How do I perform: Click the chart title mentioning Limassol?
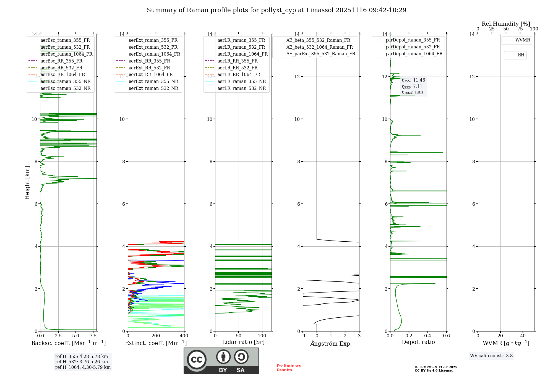coord(276,10)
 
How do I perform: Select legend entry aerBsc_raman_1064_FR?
coord(66,54)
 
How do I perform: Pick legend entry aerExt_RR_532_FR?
coord(149,68)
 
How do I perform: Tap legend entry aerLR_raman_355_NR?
coord(241,82)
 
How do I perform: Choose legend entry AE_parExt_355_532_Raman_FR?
coord(321,54)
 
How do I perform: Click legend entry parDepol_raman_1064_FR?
coord(414,54)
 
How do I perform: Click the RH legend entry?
coord(521,55)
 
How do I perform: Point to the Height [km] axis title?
coord(27,182)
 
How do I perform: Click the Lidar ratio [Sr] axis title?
coord(243,342)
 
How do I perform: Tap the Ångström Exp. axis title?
coord(331,343)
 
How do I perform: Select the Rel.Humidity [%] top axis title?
coord(506,24)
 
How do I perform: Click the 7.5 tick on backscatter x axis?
coord(93,336)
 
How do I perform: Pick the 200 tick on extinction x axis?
coord(156,336)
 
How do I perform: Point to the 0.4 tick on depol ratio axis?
coord(428,336)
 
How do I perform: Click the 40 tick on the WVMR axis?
coord(523,336)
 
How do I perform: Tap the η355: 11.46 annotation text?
coord(413,80)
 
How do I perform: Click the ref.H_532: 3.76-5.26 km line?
coord(82,362)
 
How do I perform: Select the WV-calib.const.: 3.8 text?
coord(491,356)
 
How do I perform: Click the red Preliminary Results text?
coord(289,368)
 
